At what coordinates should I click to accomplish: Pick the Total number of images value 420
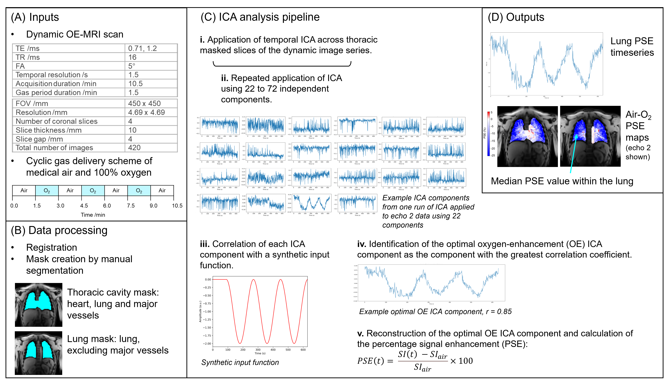(x=134, y=148)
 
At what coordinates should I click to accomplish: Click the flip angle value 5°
(x=132, y=66)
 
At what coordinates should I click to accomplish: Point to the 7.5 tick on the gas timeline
(x=131, y=205)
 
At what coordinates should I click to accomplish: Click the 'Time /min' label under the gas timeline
(x=93, y=215)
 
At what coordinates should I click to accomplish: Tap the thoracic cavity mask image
(x=39, y=305)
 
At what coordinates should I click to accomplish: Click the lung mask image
(x=39, y=353)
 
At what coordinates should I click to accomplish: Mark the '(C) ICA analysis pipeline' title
(x=260, y=17)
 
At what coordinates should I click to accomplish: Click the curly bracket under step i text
(x=282, y=64)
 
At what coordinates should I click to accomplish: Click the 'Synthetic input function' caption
(x=240, y=362)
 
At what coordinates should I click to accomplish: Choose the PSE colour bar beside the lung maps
(x=489, y=134)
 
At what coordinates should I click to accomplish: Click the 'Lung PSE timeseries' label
(x=632, y=47)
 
